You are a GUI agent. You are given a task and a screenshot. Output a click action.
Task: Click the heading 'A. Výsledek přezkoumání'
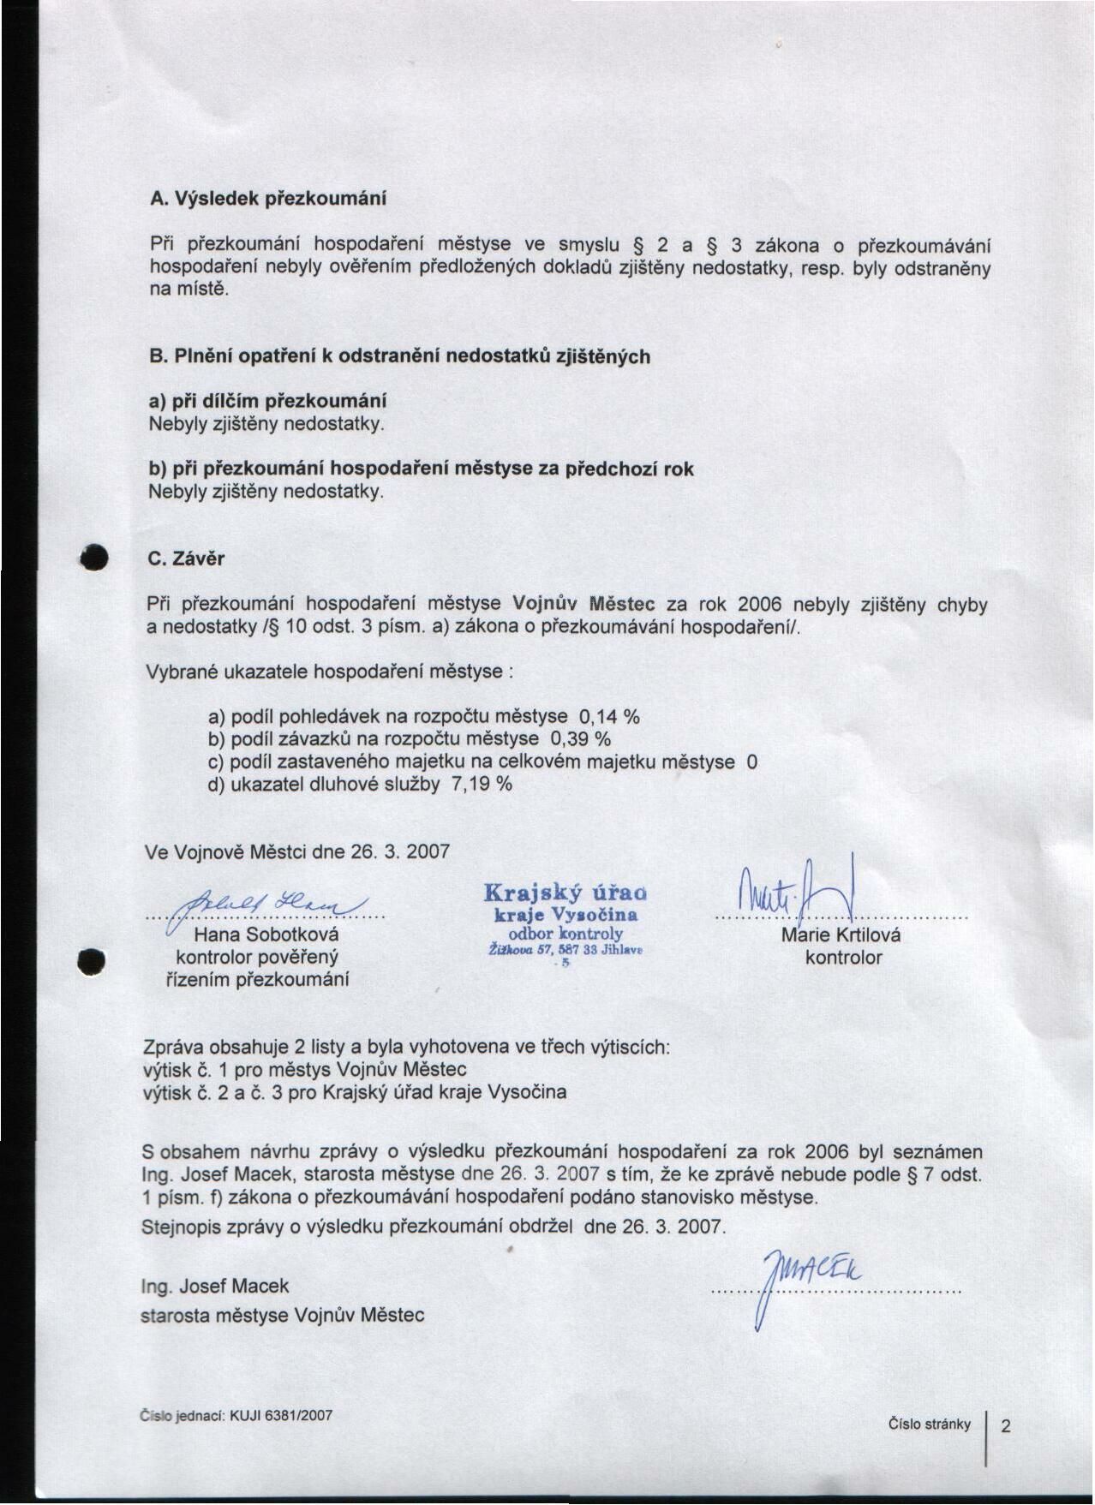point(267,199)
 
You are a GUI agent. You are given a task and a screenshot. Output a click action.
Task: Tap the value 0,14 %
point(610,716)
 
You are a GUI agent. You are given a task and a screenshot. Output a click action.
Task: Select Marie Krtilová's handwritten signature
point(797,895)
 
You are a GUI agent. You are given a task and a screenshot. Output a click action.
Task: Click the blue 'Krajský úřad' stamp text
point(565,893)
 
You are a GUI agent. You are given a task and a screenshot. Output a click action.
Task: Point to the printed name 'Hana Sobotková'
point(266,935)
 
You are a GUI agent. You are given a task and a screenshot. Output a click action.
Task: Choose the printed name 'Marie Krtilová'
point(841,935)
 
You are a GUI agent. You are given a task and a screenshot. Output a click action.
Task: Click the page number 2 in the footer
point(1006,1426)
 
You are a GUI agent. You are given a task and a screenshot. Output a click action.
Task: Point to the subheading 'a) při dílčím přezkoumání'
point(267,401)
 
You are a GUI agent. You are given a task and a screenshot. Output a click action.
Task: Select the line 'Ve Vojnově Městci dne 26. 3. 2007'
point(297,852)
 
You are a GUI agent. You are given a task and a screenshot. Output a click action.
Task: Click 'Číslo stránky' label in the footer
point(929,1424)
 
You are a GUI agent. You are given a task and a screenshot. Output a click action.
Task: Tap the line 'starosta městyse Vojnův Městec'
point(283,1315)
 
